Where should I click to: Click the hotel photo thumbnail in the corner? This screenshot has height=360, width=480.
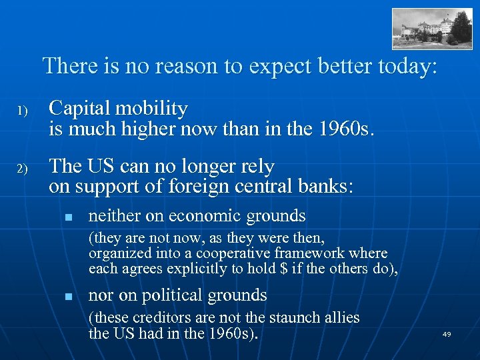[432, 29]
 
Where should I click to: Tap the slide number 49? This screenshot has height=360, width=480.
[446, 334]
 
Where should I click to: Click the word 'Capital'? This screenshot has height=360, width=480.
[82, 107]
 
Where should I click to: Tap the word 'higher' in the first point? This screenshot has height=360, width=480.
[151, 127]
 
